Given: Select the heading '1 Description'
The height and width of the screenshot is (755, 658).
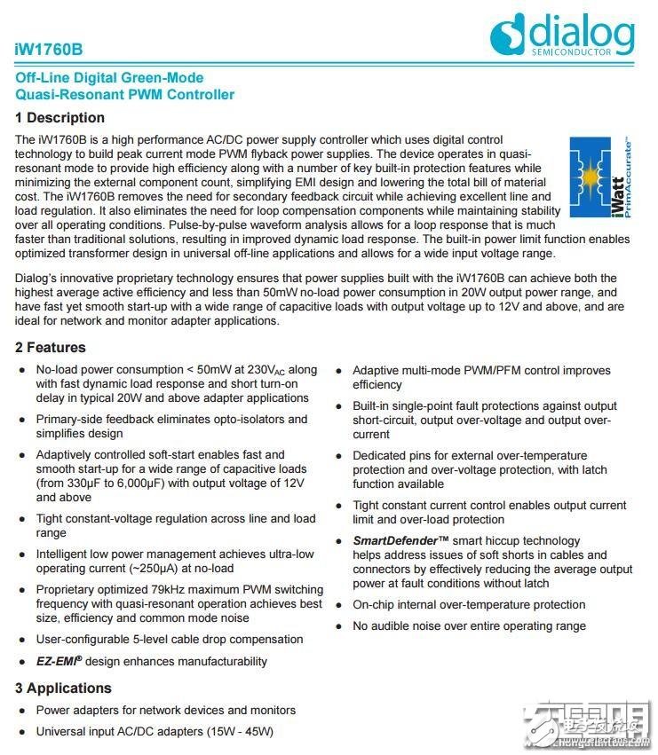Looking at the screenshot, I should (59, 118).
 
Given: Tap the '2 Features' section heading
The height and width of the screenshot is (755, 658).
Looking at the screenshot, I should (51, 347).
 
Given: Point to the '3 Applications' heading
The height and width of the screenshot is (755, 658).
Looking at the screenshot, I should (63, 688).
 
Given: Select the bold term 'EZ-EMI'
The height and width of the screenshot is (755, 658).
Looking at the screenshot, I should (64, 661).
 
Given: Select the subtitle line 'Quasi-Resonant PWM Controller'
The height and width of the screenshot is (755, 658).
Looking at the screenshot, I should (125, 94).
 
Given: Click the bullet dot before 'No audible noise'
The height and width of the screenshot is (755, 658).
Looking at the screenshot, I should (339, 626).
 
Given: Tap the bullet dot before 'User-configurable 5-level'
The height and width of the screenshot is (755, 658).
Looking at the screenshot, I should (22, 640).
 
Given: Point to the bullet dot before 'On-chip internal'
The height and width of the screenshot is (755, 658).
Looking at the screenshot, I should (339, 605).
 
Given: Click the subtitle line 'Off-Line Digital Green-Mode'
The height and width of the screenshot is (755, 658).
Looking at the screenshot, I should (109, 78).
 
